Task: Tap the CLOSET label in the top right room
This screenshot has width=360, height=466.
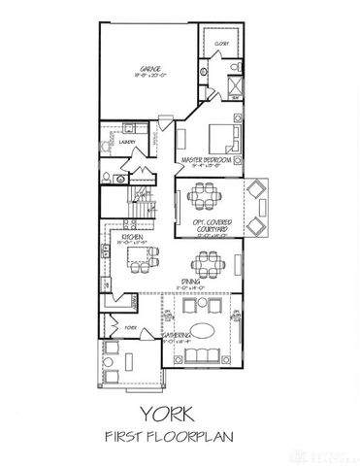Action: [x=220, y=44]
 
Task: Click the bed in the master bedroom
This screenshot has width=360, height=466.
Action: [x=222, y=135]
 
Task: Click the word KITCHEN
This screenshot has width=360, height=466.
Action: [x=133, y=235]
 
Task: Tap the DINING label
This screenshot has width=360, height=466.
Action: [x=189, y=282]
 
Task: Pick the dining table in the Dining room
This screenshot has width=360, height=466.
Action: [x=205, y=262]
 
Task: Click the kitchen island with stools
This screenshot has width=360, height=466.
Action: [x=141, y=257]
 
